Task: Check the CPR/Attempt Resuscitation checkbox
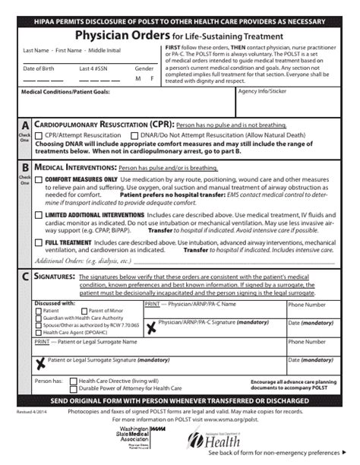tap(39, 134)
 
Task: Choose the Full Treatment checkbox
tap(39, 242)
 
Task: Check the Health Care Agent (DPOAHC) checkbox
tap(39, 331)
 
